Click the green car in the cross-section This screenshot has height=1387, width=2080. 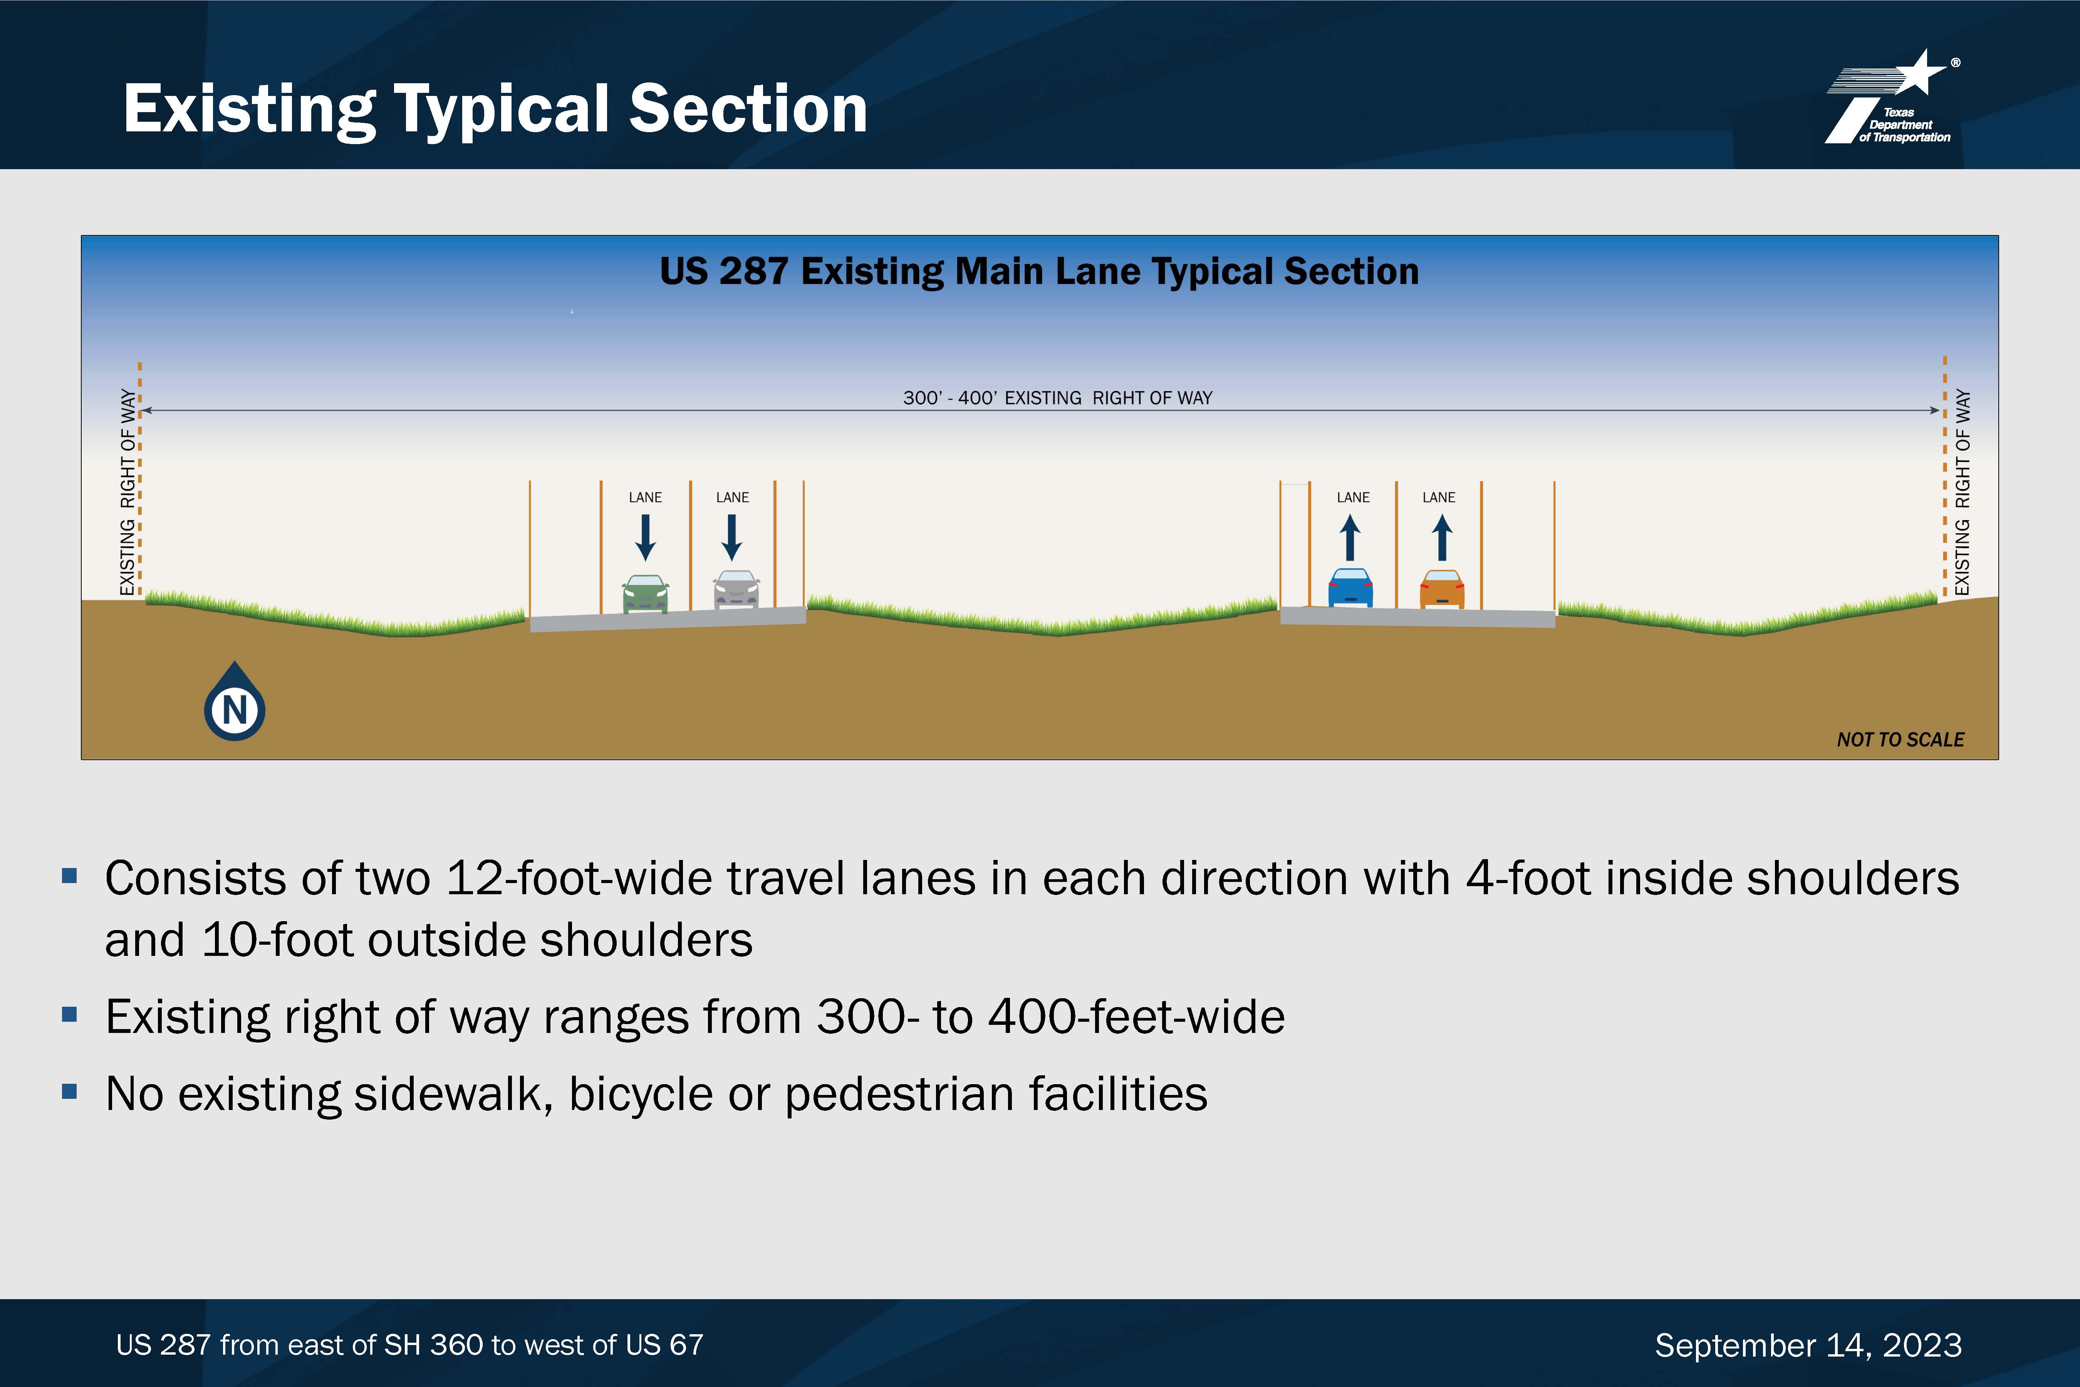646,594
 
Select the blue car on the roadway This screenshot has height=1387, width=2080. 1350,587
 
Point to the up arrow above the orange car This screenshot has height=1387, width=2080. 1441,538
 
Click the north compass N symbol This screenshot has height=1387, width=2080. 234,703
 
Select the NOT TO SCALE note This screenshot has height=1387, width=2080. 1901,739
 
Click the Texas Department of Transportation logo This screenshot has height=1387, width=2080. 1892,97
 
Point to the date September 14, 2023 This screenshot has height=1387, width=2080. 1808,1345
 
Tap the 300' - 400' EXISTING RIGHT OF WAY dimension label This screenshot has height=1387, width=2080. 1058,398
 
